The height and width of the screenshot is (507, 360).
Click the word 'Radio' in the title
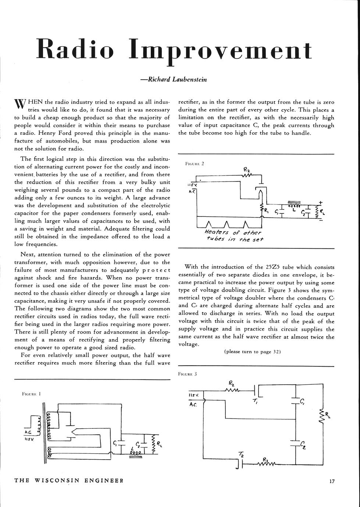point(75,50)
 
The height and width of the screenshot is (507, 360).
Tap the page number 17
point(332,481)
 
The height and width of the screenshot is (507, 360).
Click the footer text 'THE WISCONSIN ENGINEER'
point(68,481)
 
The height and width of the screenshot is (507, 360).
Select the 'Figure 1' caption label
point(31,394)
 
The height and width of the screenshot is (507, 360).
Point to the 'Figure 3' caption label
point(188,374)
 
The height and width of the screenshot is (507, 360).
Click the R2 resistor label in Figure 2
point(246,169)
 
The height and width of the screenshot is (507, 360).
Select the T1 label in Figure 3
point(255,401)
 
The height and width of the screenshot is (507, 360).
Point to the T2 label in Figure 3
point(241,455)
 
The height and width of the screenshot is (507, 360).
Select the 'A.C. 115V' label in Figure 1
point(29,436)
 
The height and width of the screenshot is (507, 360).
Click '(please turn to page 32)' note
point(253,352)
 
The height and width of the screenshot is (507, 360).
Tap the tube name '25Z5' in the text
point(273,267)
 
